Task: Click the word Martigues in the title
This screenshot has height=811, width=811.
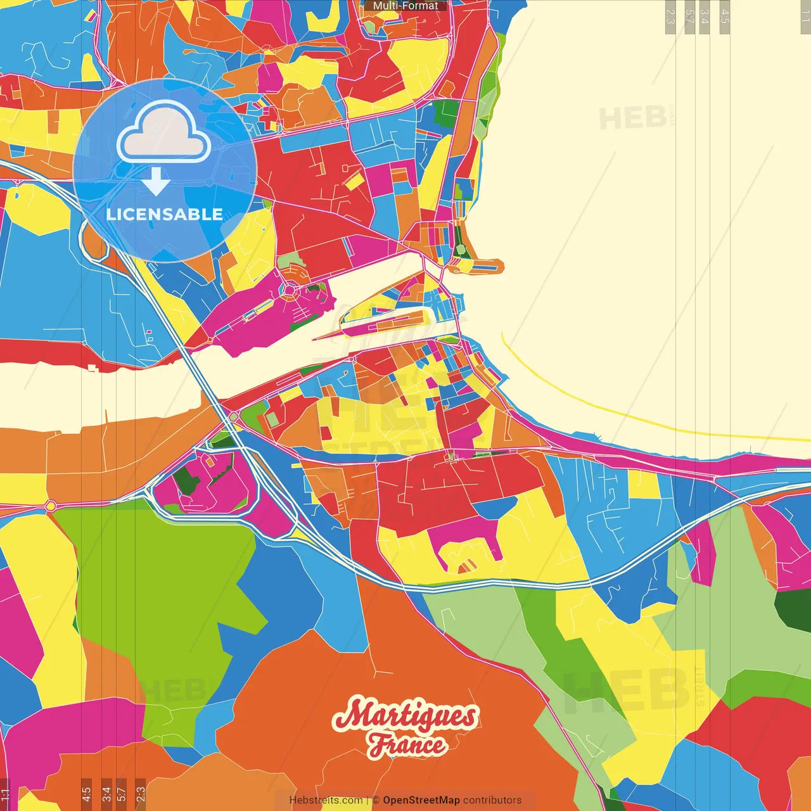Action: pos(405,716)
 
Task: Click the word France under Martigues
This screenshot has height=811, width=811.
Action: pos(407,744)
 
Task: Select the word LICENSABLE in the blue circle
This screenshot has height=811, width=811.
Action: pos(164,214)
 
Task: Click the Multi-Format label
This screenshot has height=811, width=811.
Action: pos(405,6)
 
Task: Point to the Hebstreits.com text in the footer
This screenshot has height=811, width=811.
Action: pos(326,800)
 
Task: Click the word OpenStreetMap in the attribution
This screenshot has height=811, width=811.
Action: pos(421,800)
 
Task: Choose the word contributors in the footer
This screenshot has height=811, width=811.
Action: pos(492,800)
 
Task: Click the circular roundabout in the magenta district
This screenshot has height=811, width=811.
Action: pos(290,291)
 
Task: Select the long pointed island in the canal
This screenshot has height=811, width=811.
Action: pos(380,324)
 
